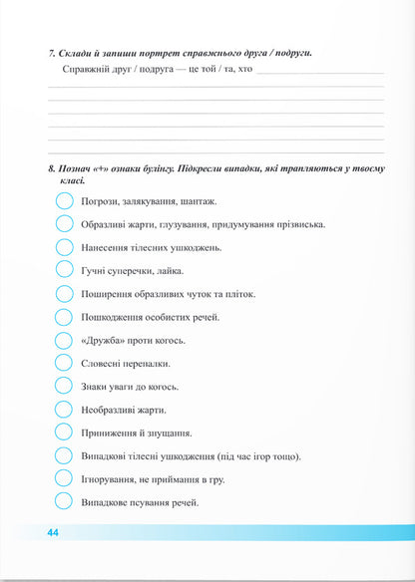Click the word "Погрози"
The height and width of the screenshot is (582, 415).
point(102,201)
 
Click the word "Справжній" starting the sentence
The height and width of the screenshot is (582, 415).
point(87,71)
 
